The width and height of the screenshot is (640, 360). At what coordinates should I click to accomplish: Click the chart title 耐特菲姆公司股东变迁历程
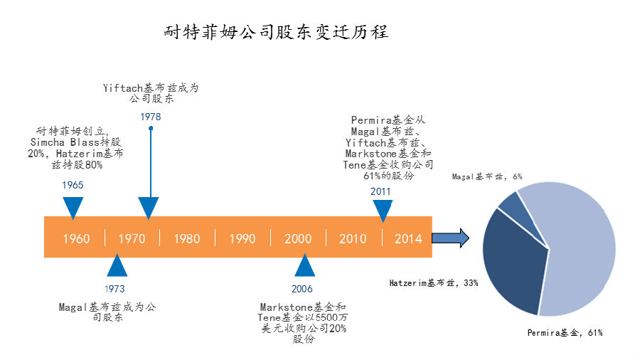click(276, 32)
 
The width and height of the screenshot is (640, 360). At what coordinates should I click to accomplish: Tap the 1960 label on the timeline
click(76, 238)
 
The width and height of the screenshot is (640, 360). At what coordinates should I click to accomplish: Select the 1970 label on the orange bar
click(132, 238)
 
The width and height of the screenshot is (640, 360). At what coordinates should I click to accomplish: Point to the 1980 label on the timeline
click(187, 238)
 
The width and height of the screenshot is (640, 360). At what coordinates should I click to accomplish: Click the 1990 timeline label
click(242, 238)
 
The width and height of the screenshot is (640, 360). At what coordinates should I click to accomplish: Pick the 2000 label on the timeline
click(298, 238)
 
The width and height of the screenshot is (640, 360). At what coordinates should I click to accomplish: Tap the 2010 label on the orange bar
click(353, 238)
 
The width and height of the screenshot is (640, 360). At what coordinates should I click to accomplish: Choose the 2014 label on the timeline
click(408, 238)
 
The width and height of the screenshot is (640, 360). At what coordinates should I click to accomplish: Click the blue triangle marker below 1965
click(73, 206)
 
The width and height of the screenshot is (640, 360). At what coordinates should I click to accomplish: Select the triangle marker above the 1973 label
click(116, 266)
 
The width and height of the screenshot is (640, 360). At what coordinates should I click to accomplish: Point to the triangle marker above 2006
click(304, 266)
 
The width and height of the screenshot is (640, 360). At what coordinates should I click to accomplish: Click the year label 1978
click(150, 117)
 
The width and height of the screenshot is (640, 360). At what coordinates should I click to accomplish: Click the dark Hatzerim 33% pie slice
click(513, 263)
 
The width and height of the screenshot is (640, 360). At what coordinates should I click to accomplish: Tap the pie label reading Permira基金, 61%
click(565, 332)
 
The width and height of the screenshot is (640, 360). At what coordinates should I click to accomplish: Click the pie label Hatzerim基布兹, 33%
click(433, 282)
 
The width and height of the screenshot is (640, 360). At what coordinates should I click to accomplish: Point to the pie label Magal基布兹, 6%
click(487, 176)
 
